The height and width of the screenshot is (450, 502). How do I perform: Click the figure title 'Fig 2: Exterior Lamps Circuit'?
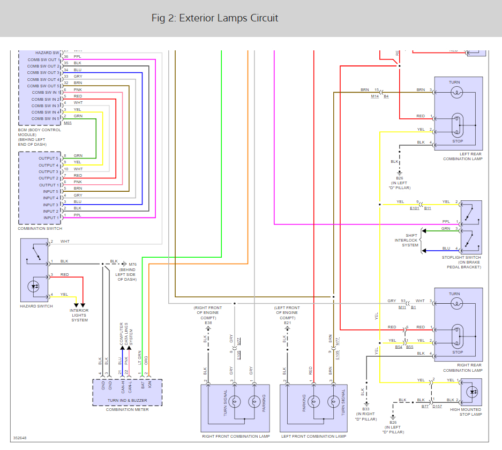pyautogui.click(x=215, y=18)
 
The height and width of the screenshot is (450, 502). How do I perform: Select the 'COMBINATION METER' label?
pyautogui.click(x=127, y=410)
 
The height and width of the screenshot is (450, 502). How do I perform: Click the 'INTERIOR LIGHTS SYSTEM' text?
pyautogui.click(x=79, y=315)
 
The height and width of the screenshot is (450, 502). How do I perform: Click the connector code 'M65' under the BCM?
pyautogui.click(x=68, y=123)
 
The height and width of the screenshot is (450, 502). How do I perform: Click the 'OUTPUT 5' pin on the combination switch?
pyautogui.click(x=49, y=158)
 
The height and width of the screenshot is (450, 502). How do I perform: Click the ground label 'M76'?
pyautogui.click(x=132, y=264)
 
